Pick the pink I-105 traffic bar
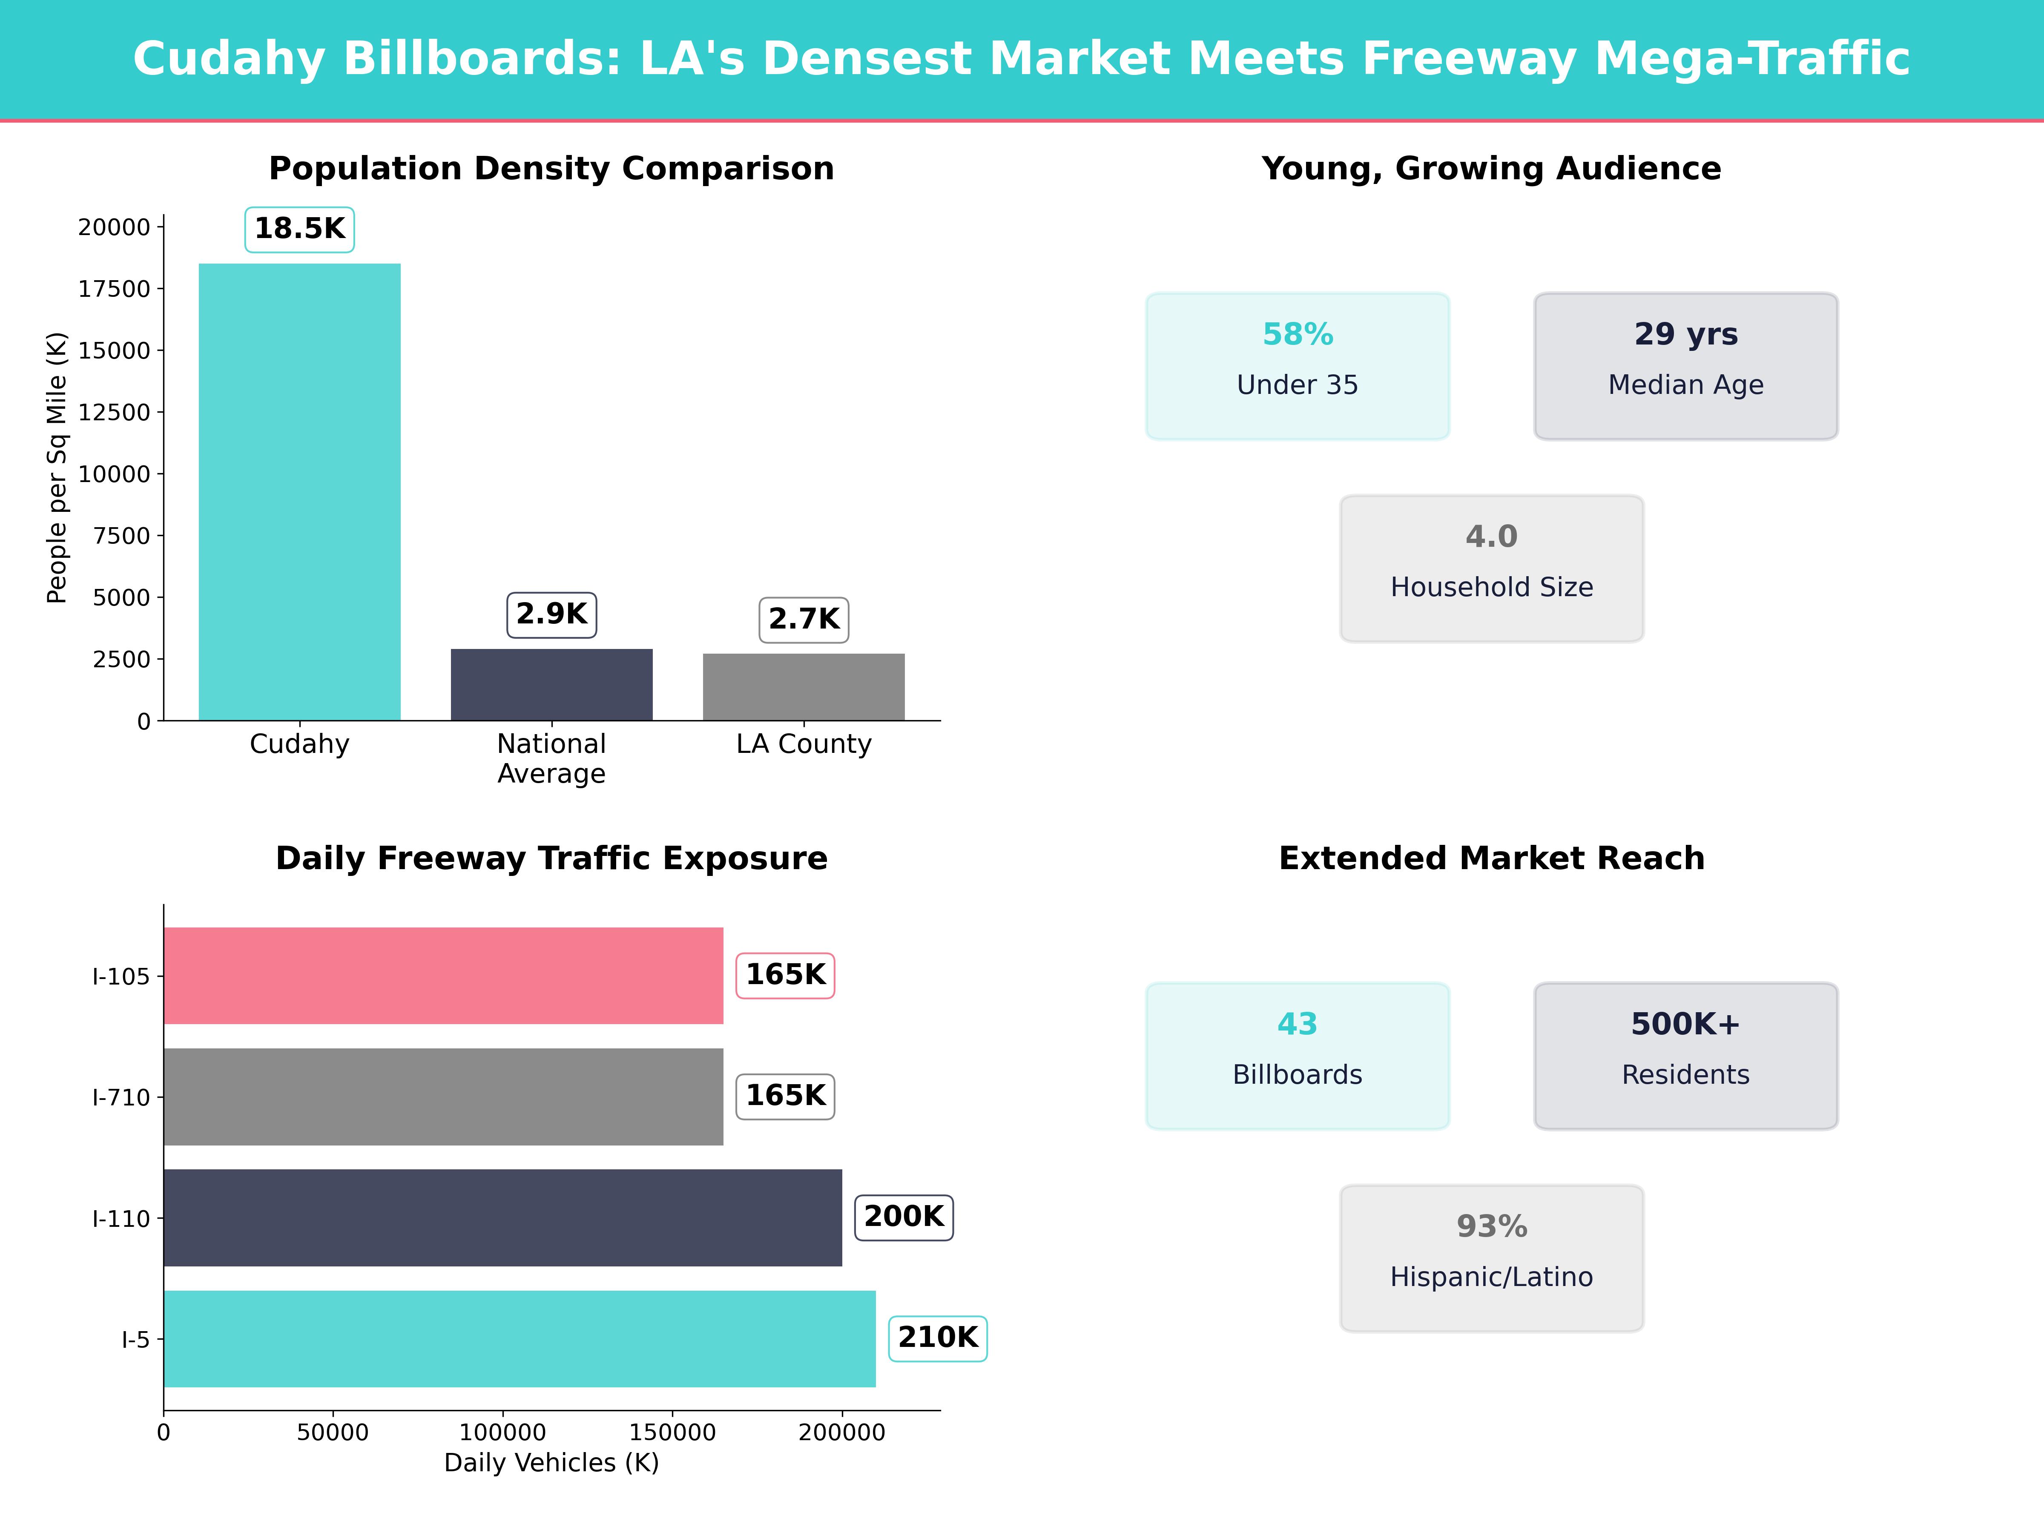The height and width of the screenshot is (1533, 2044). [444, 976]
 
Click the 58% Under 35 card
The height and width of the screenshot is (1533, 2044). [1298, 366]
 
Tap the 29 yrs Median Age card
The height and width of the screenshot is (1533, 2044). [1685, 366]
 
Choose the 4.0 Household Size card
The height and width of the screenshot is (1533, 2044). [1491, 568]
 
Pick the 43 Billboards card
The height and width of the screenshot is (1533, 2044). [1298, 1055]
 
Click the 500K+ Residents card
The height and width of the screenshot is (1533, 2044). [1685, 1055]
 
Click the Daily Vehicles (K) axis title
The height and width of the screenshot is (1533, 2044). [551, 1463]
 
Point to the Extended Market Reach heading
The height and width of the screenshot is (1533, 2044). [1491, 858]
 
